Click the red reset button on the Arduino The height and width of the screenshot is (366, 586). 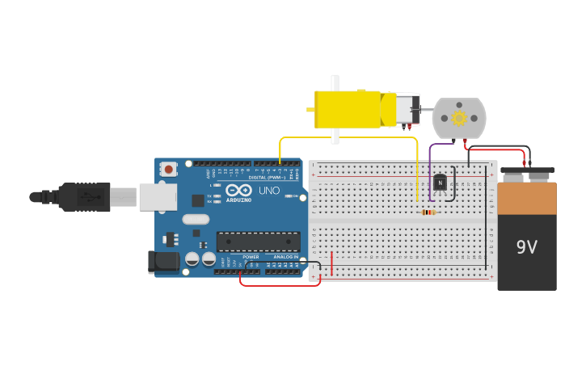click(168, 170)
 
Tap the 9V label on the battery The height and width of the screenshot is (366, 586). click(526, 247)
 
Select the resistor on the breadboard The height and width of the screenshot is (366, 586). click(428, 212)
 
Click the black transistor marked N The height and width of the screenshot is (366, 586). click(440, 183)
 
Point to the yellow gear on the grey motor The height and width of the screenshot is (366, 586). click(459, 119)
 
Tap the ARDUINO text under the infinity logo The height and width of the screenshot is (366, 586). click(238, 200)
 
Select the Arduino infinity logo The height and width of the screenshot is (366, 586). click(238, 190)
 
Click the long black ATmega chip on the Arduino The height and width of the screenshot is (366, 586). click(258, 241)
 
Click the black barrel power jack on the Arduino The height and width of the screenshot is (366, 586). click(162, 262)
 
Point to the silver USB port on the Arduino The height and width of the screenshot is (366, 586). click(158, 196)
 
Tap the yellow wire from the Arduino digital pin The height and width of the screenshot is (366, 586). click(348, 138)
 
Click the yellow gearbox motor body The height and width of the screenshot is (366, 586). click(348, 109)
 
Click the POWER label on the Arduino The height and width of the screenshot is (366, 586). click(251, 257)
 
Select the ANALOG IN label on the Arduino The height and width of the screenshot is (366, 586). click(285, 257)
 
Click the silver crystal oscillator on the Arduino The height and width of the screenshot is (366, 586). click(196, 219)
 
